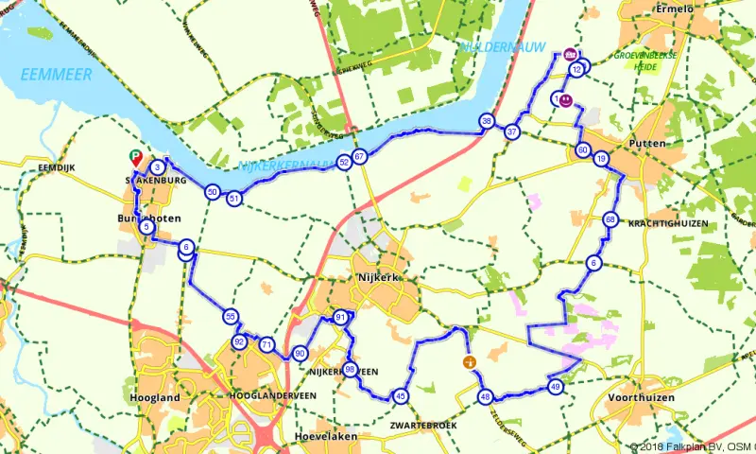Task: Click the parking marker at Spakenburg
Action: coord(134,159)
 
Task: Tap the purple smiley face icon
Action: coord(565,98)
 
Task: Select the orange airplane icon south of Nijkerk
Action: coord(467,361)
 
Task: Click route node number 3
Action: coord(156,168)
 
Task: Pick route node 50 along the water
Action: coord(213,192)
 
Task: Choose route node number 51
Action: coord(234,198)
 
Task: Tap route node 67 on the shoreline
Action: coord(358,156)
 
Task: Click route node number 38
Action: coord(486,121)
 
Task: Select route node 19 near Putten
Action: coord(601,158)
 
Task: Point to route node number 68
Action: coord(610,220)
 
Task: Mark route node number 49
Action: coord(555,386)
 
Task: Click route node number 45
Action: coord(401,396)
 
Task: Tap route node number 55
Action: coord(231,316)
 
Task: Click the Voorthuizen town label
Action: coord(642,398)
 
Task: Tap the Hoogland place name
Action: coord(158,398)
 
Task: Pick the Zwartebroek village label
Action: coord(422,426)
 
